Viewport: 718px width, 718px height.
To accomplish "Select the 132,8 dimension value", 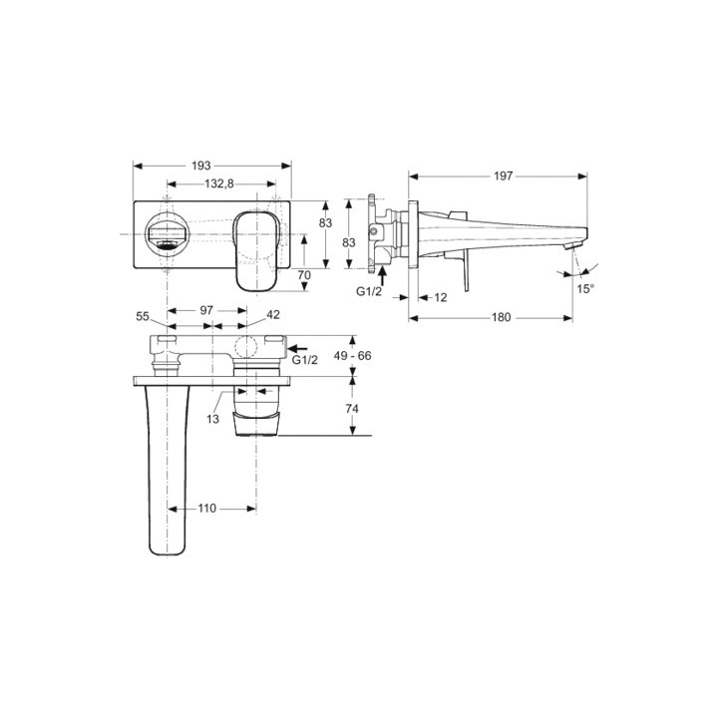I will click(x=218, y=183).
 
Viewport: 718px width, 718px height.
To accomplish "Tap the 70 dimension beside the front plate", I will click(x=305, y=274).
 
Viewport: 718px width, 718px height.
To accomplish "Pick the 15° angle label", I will click(x=585, y=288).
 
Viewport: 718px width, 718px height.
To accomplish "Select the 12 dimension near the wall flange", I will click(x=440, y=297).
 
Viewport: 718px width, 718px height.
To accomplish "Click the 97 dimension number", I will click(x=206, y=310).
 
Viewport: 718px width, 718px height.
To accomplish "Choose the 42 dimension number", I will click(x=273, y=314).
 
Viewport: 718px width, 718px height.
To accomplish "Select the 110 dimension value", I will click(x=205, y=509).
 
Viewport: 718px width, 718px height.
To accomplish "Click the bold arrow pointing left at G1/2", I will click(x=298, y=349).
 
